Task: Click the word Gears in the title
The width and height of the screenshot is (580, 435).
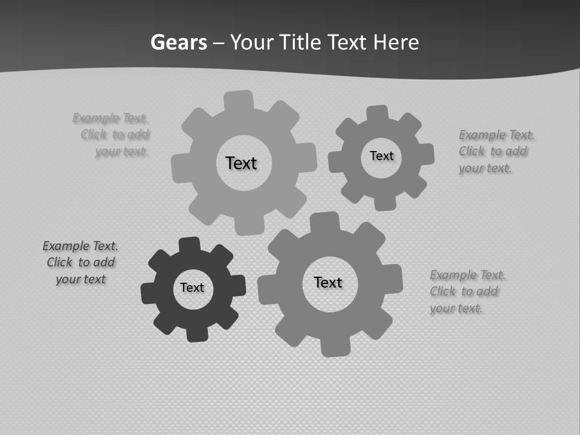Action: point(178,42)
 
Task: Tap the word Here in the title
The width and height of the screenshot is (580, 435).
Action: point(396,42)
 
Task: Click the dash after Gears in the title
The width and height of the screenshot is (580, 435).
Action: point(219,43)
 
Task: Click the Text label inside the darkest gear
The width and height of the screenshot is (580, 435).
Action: point(192,288)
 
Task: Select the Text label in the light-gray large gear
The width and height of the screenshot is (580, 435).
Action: point(241,163)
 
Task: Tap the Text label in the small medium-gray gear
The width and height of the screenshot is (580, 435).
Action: point(381,156)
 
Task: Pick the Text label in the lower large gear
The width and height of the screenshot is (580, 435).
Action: point(328,282)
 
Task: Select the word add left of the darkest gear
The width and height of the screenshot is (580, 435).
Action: point(104,262)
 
